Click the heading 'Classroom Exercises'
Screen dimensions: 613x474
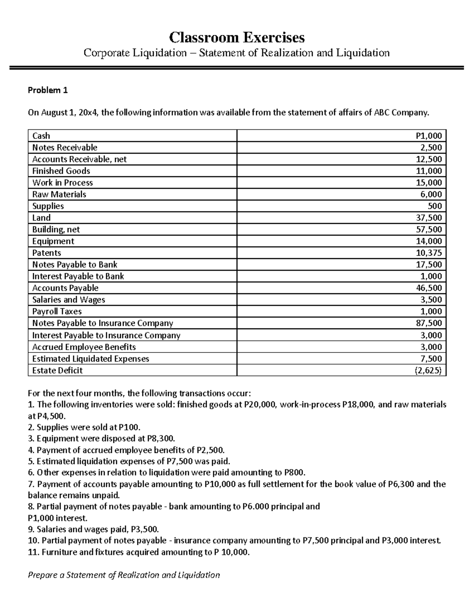pos(237,37)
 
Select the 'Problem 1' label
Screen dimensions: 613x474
pos(47,90)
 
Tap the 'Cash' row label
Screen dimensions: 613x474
pos(41,136)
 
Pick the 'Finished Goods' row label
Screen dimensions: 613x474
pos(61,171)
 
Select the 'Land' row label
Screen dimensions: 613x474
pos(41,218)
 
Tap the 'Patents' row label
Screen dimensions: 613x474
pos(47,253)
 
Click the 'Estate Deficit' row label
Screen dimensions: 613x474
pos(57,370)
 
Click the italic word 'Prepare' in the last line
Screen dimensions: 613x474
pos(42,575)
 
